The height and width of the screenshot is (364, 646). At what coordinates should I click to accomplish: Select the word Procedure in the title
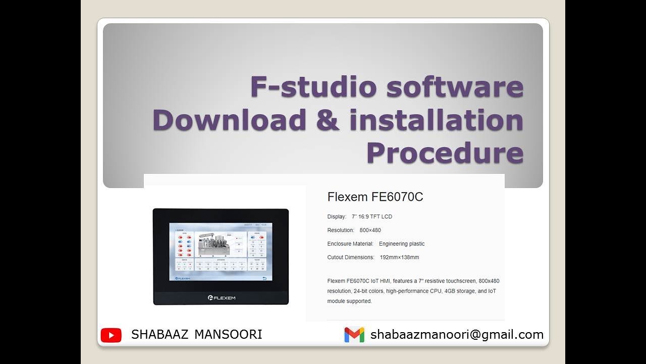point(445,153)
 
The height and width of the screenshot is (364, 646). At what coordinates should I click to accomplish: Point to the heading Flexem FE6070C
point(375,197)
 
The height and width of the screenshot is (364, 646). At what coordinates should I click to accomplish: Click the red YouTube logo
point(111,335)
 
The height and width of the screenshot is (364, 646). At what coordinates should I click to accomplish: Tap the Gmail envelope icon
point(354,335)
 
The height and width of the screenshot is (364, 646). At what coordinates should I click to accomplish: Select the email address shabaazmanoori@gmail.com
point(457,335)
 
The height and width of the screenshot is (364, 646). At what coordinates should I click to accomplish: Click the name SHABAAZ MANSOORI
point(196,335)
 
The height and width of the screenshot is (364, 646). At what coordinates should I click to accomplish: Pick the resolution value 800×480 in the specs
point(370,230)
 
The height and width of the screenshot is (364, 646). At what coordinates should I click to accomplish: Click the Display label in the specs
point(337,217)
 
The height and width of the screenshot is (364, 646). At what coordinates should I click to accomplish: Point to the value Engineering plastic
point(402,244)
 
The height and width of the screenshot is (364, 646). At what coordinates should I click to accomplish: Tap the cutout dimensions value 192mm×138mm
point(399,257)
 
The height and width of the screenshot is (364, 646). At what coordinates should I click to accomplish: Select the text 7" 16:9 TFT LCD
point(372,217)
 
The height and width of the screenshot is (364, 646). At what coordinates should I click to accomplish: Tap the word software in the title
point(455,87)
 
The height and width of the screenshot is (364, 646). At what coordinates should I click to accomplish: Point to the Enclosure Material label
point(350,244)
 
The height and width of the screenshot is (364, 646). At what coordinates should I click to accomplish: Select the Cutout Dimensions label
point(351,257)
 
